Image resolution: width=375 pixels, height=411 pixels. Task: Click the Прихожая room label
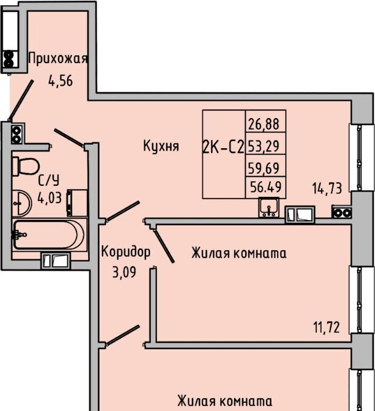click(58, 59)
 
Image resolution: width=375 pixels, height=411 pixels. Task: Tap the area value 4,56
click(61, 80)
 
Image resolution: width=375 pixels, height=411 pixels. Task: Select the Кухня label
click(161, 146)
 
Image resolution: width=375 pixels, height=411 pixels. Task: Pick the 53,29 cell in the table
click(265, 145)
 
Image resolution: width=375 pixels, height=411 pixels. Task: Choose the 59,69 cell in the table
click(265, 167)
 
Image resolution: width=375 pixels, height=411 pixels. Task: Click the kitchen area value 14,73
click(327, 187)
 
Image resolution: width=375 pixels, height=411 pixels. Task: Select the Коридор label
click(126, 252)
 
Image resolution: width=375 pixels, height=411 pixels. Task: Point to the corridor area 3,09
click(124, 271)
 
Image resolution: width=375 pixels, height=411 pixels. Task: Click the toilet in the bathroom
click(25, 166)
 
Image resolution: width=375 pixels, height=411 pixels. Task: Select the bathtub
click(50, 234)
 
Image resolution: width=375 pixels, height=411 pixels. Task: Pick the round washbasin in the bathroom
click(22, 201)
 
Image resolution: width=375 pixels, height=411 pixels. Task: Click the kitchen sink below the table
click(269, 207)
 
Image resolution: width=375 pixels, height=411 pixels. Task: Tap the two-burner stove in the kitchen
click(341, 212)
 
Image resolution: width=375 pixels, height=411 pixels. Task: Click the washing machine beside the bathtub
click(77, 202)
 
